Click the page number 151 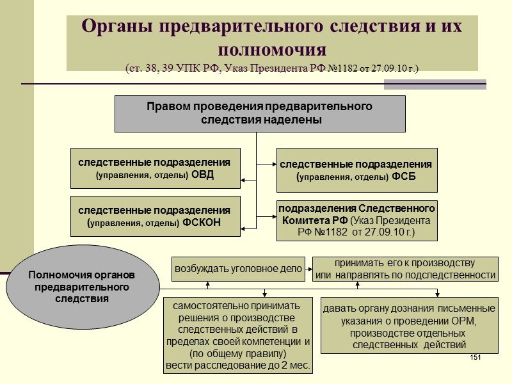point(475,356)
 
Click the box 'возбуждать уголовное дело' point(238,269)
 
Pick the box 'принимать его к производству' point(405,269)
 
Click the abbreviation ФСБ point(403,177)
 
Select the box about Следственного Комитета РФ point(357,221)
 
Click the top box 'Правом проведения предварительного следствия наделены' point(260,113)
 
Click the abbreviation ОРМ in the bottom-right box point(465,320)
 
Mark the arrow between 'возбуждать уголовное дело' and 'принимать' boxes point(308,269)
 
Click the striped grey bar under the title point(435,84)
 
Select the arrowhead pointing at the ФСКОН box point(243,225)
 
